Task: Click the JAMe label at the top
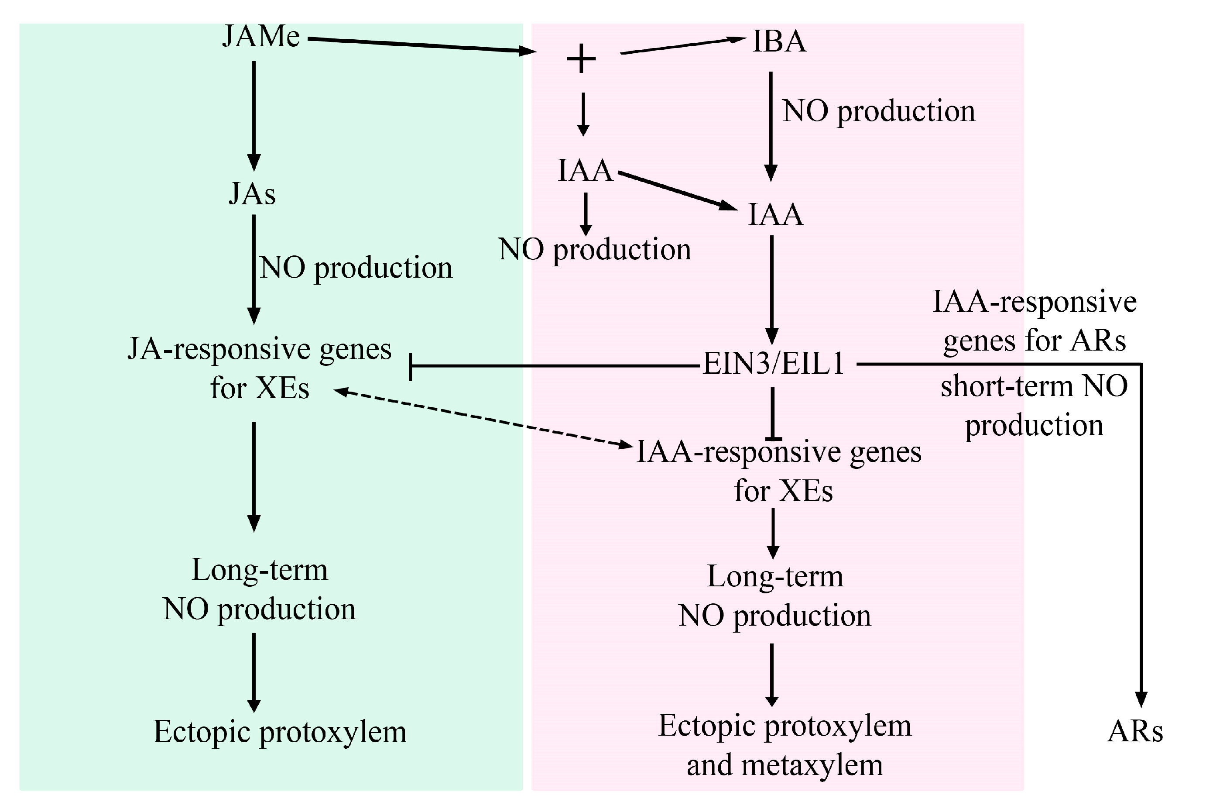point(261,37)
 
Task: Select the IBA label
point(779,42)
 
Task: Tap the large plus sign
point(581,59)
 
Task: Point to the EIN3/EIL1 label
point(774,364)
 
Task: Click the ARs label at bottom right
point(1135,732)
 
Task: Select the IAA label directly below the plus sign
point(585,171)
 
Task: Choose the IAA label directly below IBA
point(775,215)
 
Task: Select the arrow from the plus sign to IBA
point(681,45)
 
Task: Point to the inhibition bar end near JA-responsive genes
point(411,367)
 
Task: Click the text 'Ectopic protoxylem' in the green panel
point(280,732)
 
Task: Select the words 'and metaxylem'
point(784,765)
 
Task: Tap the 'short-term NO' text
point(1034,386)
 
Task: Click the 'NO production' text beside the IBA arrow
point(879,111)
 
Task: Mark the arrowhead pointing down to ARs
point(1141,699)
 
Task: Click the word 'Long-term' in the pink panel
point(774,576)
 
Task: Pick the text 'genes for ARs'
point(1034,341)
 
